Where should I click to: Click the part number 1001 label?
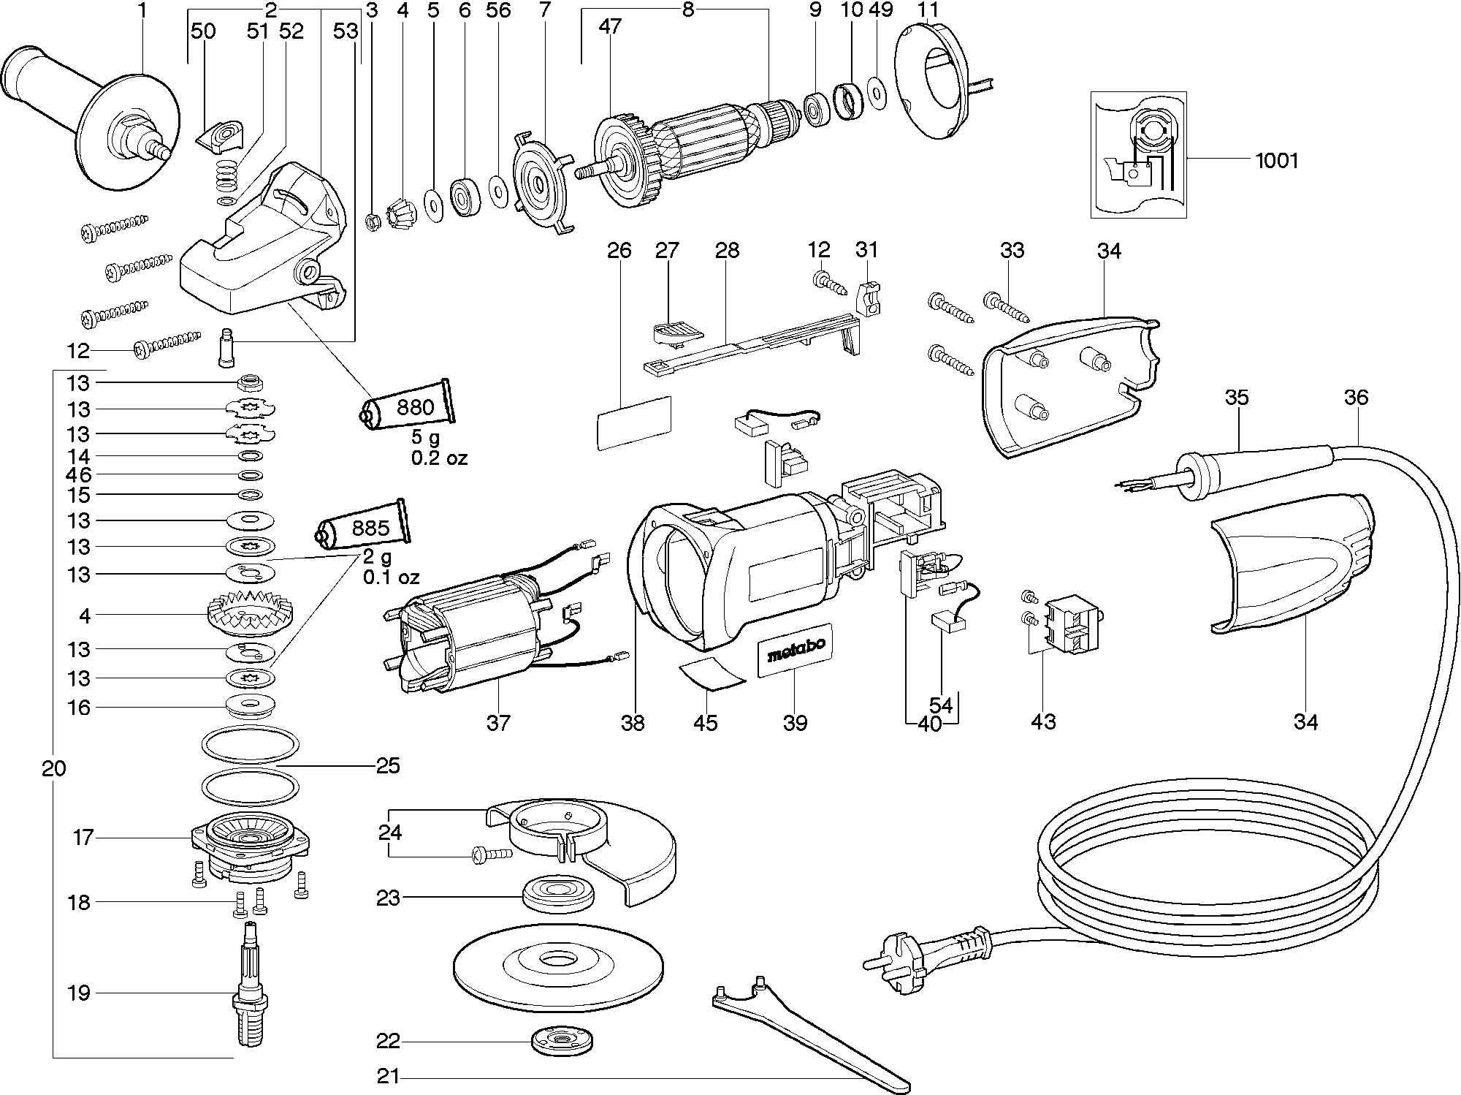click(1276, 160)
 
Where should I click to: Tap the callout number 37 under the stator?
click(498, 723)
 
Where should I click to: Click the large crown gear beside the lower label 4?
click(250, 615)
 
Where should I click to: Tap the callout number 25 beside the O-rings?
click(388, 765)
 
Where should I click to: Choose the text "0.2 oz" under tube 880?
click(439, 458)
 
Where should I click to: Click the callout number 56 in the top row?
click(499, 10)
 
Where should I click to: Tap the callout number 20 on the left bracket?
click(54, 768)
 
